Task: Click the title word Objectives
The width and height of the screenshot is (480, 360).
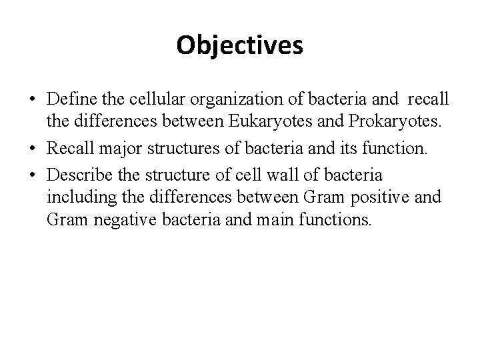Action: click(240, 46)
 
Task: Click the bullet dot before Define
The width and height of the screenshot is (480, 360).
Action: click(32, 100)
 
